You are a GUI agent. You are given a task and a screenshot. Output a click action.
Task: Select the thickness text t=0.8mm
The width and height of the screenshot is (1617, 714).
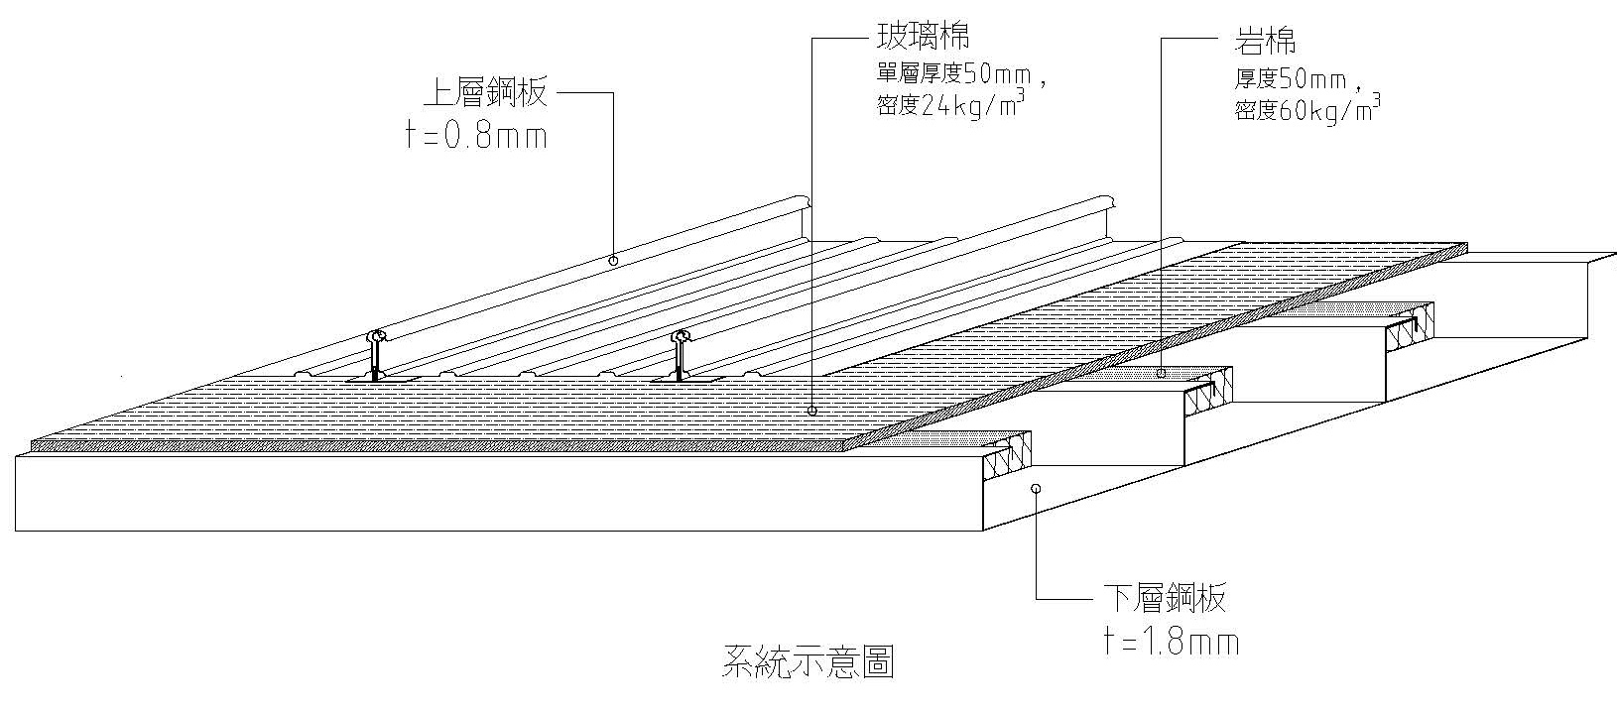click(476, 136)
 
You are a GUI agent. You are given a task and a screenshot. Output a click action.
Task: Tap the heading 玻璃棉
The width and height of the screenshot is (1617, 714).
click(922, 38)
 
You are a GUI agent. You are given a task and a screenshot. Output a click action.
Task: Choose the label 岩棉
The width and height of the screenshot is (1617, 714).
click(1265, 42)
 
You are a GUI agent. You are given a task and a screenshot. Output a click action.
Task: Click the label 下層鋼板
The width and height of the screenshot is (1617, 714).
click(1164, 598)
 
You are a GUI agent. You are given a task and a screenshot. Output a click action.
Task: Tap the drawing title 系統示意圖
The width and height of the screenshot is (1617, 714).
click(808, 661)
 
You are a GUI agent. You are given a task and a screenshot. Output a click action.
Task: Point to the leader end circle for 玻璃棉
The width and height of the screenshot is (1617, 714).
click(811, 410)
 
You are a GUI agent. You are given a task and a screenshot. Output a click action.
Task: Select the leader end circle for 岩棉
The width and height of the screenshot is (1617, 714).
click(1160, 374)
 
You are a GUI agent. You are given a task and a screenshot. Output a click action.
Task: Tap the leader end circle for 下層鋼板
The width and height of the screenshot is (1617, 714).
click(1036, 488)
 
